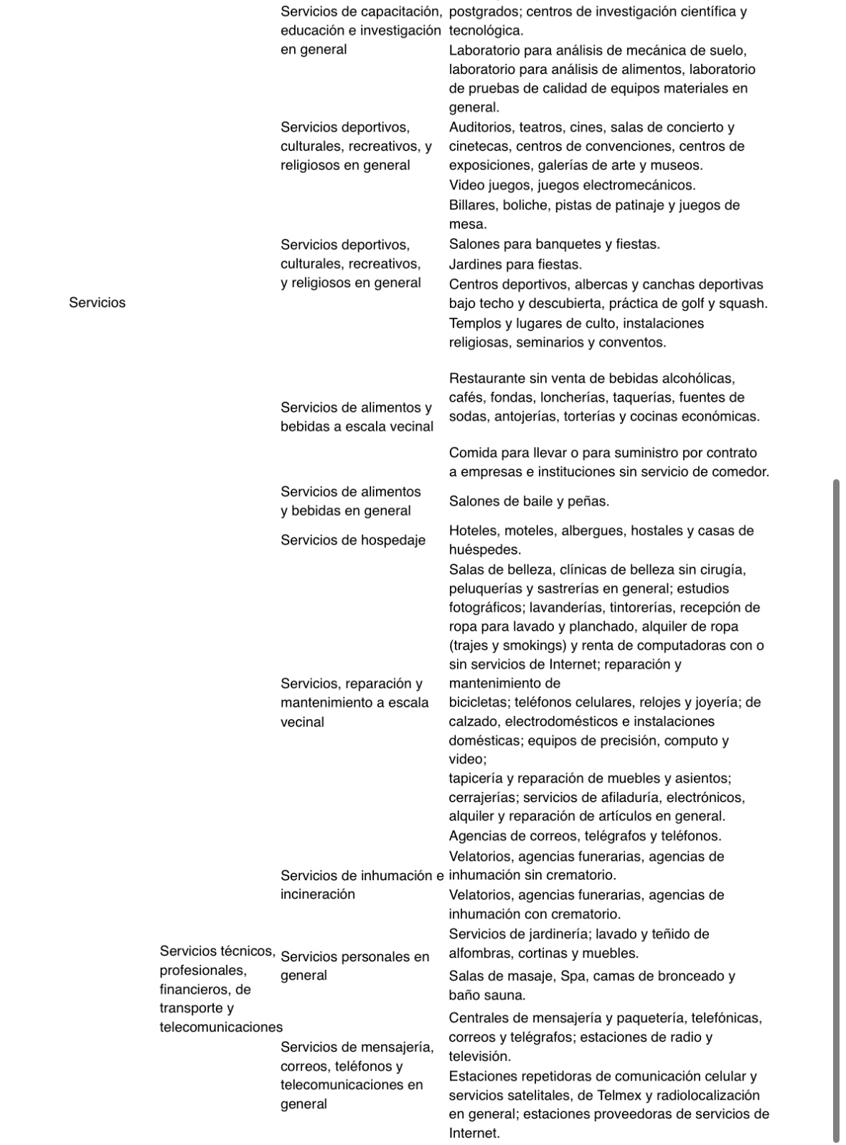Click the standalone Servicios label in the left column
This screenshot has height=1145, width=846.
pyautogui.click(x=97, y=303)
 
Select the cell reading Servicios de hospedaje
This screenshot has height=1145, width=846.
pyautogui.click(x=352, y=540)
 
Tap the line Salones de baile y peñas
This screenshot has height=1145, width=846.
pyautogui.click(x=529, y=501)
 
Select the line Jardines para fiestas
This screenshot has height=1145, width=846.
pyautogui.click(x=515, y=265)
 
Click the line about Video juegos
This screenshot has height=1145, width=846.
pyautogui.click(x=572, y=185)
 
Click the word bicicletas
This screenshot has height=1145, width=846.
pyautogui.click(x=479, y=702)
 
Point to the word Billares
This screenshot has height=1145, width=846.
pyautogui.click(x=473, y=205)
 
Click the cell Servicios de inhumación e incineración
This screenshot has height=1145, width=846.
pyautogui.click(x=362, y=885)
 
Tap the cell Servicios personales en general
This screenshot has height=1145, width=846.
pyautogui.click(x=354, y=966)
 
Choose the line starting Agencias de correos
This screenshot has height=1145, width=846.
pyautogui.click(x=585, y=836)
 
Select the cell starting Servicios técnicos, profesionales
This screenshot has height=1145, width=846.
pyautogui.click(x=217, y=989)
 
